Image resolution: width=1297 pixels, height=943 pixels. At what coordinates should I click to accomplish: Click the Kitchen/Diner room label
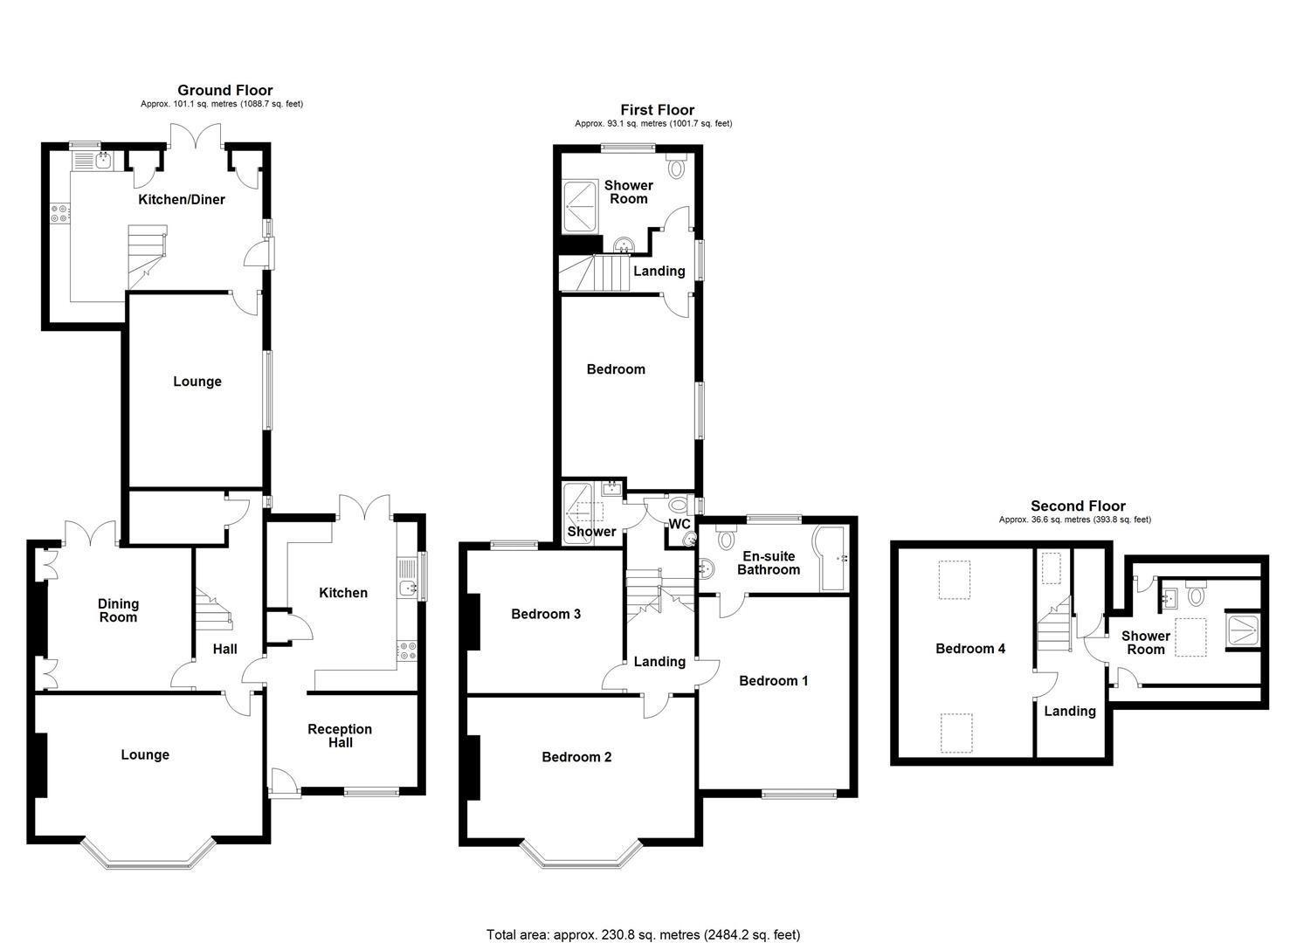point(182,199)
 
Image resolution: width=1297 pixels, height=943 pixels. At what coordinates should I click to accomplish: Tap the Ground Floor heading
point(224,90)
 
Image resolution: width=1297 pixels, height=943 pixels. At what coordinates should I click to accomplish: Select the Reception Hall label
point(340,735)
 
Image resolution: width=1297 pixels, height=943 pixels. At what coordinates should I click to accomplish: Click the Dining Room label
point(118,610)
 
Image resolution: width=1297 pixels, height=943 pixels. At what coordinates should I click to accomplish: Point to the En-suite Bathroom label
point(768,563)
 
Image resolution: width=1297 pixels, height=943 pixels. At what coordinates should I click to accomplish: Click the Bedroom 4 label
point(969,648)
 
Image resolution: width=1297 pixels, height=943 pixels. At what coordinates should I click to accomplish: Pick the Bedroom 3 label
point(546,614)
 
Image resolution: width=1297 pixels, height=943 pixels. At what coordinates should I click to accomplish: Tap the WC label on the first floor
point(680,524)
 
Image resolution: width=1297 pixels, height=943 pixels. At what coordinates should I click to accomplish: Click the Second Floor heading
point(1078,506)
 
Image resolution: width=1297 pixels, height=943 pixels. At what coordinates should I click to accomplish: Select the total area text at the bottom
point(643,934)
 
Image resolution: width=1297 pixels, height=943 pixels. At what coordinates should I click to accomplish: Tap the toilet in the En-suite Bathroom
point(724,540)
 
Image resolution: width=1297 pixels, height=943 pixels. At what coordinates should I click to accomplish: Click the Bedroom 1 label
point(773,680)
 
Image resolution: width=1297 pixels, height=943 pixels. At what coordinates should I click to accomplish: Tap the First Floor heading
point(657,110)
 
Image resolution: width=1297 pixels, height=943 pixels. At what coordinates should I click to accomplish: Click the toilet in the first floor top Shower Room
point(679,166)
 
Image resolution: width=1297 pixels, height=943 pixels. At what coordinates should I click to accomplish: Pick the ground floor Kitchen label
point(343,593)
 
